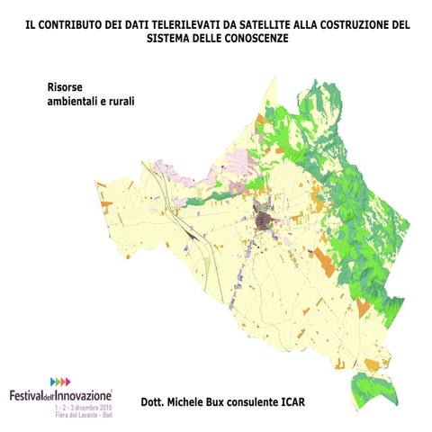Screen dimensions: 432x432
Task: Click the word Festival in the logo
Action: [26, 395]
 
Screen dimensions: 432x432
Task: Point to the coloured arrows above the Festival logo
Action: [60, 382]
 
